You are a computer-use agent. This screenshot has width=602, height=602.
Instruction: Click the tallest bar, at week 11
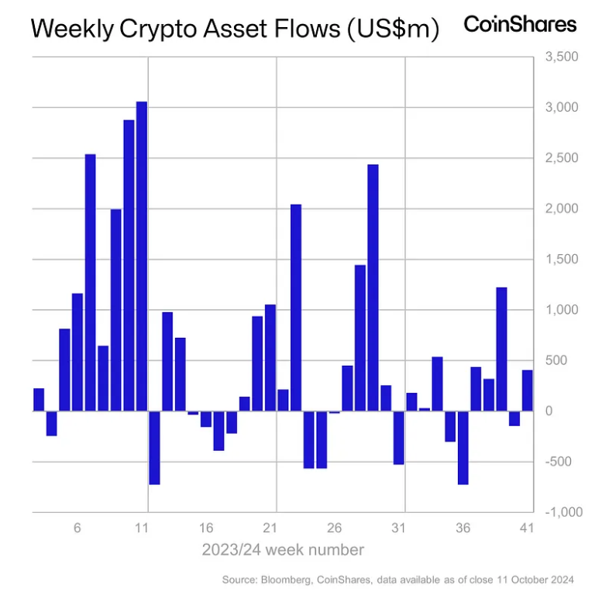coord(142,256)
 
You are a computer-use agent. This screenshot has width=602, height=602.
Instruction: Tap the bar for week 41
coord(528,390)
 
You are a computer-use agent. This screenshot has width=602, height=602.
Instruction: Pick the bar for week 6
coord(77,352)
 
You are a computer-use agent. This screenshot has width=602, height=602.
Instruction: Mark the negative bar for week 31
coord(399,438)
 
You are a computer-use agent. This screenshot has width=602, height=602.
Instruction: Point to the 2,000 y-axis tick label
coord(561,209)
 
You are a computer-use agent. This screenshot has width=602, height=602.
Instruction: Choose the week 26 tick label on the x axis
coord(335,528)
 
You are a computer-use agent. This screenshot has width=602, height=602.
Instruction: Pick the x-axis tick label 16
coord(206,528)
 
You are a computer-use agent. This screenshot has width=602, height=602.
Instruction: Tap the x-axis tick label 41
coord(527,528)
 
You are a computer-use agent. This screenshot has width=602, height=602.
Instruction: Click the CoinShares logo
coord(520,24)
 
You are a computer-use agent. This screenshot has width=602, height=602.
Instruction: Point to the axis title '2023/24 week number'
coord(283,550)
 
